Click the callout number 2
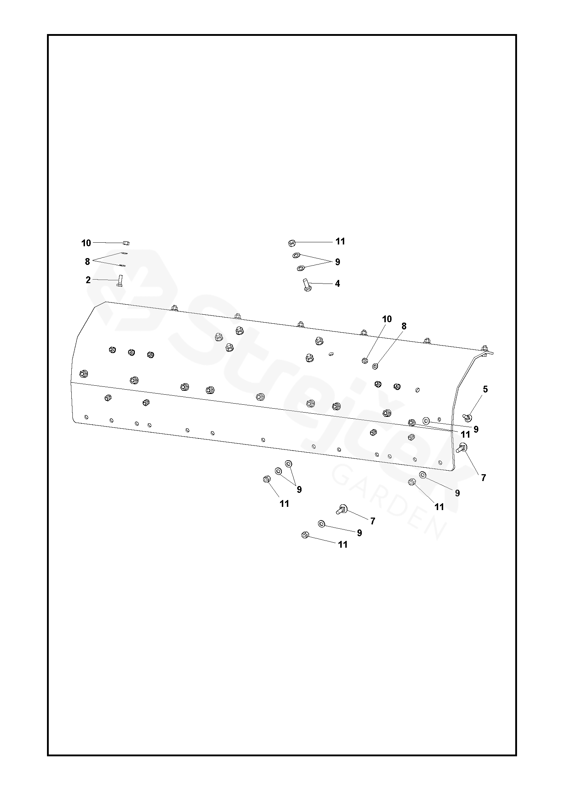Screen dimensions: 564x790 click(88, 280)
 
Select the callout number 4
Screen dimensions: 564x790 click(337, 284)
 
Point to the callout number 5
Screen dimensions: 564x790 click(485, 389)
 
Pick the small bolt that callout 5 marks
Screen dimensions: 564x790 click(467, 417)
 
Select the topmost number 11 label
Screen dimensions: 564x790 click(340, 241)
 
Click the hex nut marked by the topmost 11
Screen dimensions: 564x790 click(292, 243)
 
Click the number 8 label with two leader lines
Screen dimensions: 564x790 click(87, 262)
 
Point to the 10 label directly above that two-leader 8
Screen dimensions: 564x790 click(86, 243)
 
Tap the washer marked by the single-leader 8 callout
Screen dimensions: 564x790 click(375, 366)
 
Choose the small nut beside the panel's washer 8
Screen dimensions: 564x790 click(364, 360)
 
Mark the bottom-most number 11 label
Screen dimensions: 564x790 click(343, 544)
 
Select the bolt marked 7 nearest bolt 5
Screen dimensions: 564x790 click(461, 447)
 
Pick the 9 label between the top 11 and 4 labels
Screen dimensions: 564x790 click(337, 262)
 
